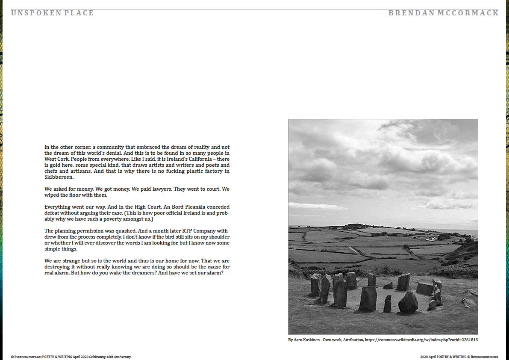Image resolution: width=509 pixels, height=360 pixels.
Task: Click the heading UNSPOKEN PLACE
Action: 52,13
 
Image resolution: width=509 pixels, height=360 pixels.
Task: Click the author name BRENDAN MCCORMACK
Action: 443,13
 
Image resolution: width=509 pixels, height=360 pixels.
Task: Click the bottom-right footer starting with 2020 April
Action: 459,357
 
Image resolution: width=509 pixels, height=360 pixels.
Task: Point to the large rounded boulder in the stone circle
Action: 408,302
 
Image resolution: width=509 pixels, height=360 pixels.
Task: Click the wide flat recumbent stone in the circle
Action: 425,289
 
